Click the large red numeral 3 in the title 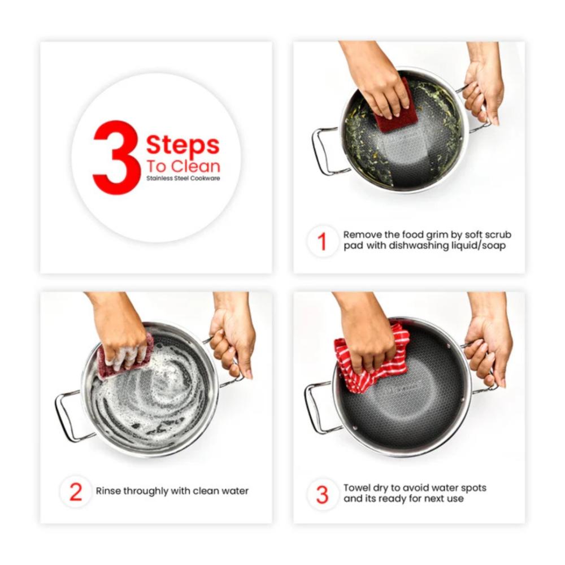coord(116,158)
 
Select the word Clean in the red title coord(195,167)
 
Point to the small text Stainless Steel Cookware coord(183,179)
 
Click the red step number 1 coord(323,241)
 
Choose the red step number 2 coord(76,492)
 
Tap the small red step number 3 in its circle coord(323,495)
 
